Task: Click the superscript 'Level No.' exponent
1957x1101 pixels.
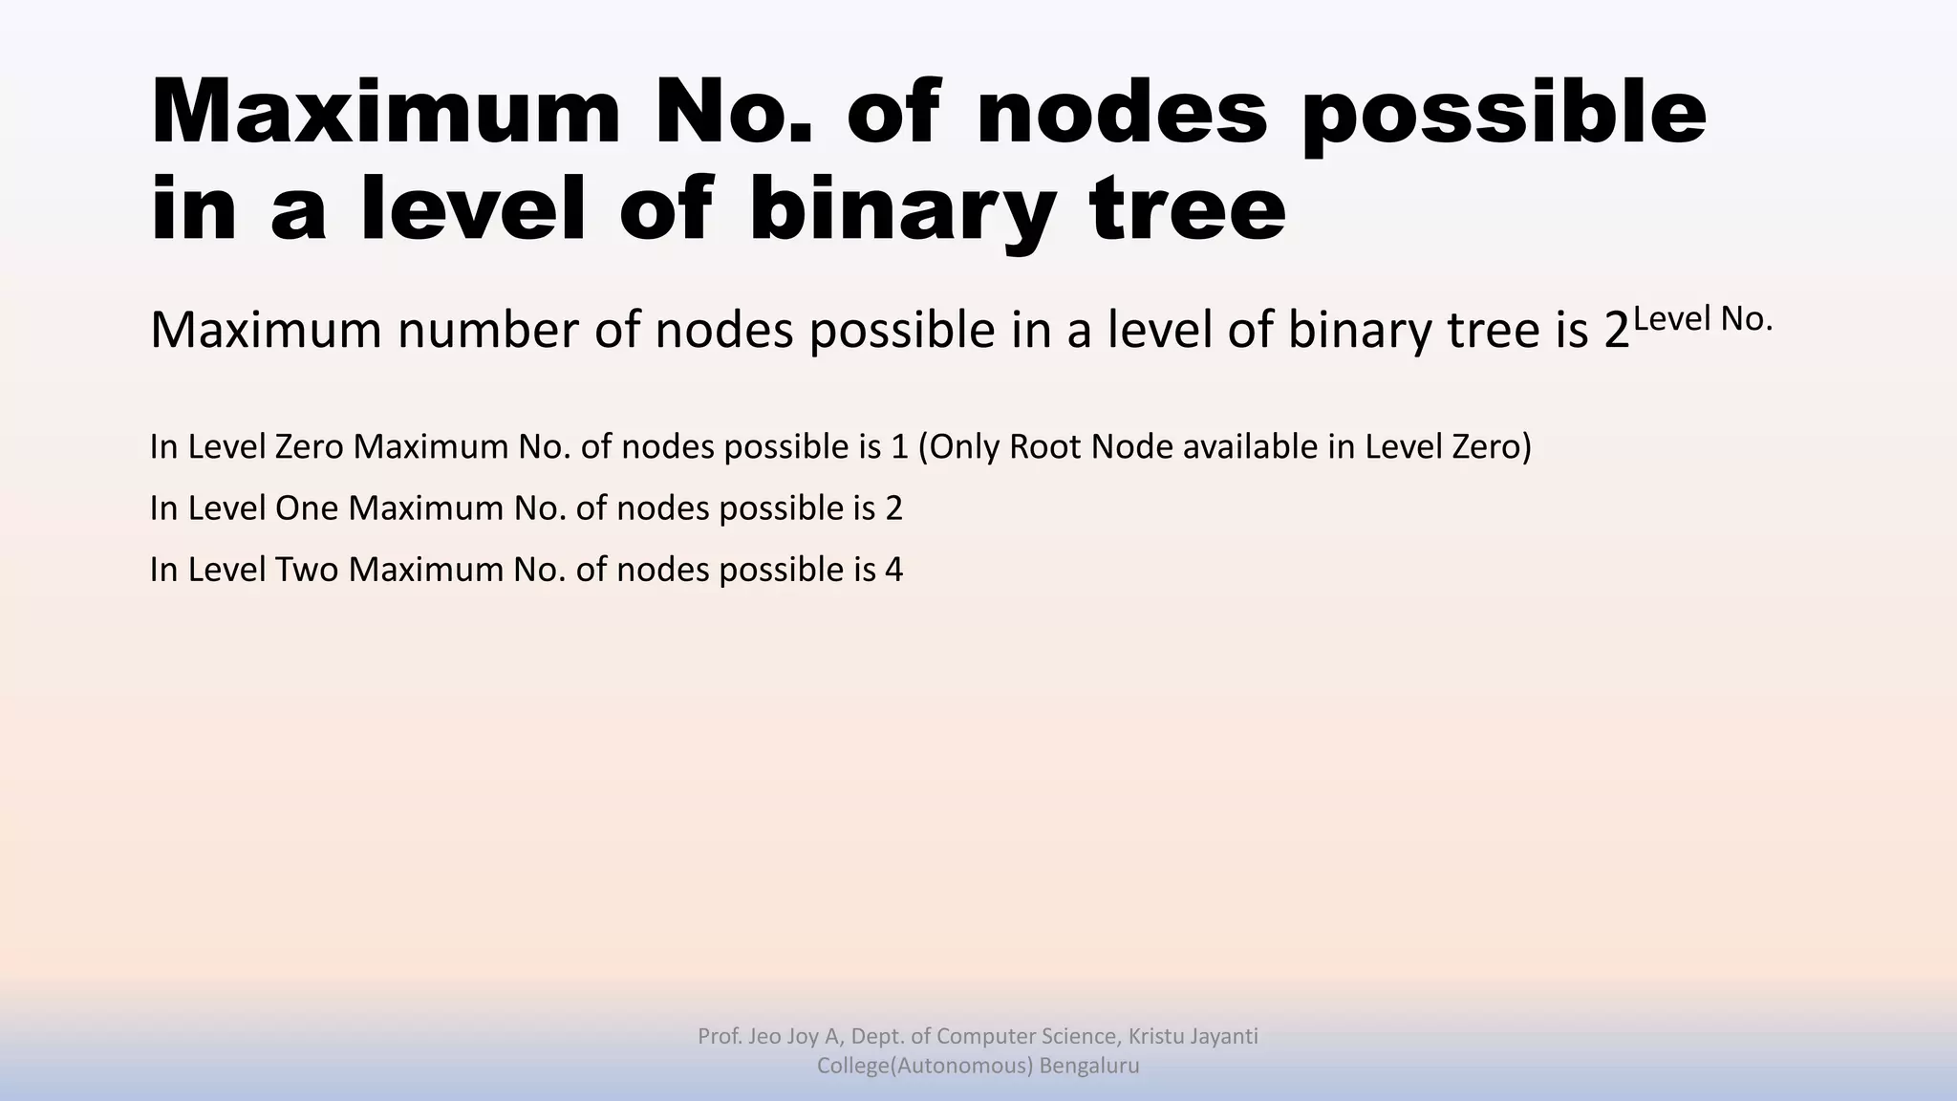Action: pos(1703,319)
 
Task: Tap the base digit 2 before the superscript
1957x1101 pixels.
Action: pos(1616,331)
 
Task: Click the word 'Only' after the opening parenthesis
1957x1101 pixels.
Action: pos(963,446)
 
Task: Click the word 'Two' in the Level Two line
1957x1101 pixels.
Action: pos(307,570)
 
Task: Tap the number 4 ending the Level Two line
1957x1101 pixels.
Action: pos(893,570)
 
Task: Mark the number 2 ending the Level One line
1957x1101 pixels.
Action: pos(893,508)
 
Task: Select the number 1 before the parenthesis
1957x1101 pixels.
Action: pos(898,446)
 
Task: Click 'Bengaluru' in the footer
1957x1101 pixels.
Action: pos(1088,1066)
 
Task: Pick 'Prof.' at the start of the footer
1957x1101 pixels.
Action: pos(720,1036)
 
